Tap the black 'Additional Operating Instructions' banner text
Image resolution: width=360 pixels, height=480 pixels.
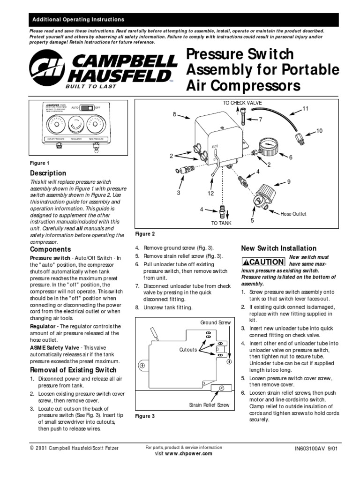tap(77, 20)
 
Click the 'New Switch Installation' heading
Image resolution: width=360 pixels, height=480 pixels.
tap(278, 248)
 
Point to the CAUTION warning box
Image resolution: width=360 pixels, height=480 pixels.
tap(262, 262)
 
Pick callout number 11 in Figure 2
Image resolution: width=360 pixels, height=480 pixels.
tap(305, 109)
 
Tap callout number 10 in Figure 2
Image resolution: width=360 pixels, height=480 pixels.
tap(320, 131)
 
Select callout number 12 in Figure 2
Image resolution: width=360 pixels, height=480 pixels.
tap(210, 193)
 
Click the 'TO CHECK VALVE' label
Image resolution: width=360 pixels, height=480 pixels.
tap(242, 103)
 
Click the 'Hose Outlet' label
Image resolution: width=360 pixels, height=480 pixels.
tap(293, 214)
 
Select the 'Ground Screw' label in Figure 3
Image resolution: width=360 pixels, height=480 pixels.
tap(215, 322)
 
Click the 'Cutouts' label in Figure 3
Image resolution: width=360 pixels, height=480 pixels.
tap(187, 350)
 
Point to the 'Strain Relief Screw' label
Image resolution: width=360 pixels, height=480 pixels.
tap(209, 404)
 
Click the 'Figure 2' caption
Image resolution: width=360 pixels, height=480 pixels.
tap(145, 234)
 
